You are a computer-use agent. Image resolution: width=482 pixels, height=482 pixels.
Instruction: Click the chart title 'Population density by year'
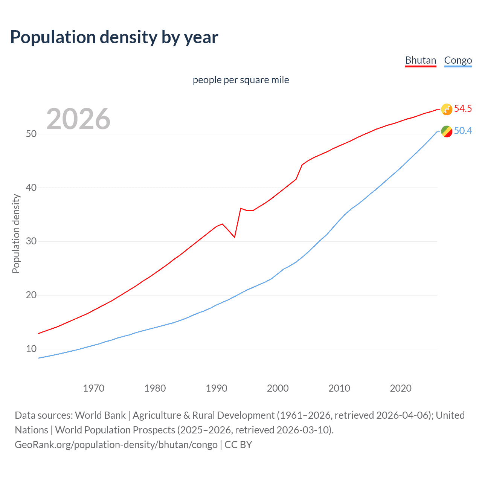tap(114, 37)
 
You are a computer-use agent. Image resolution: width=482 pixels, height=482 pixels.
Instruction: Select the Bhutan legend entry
tap(420, 60)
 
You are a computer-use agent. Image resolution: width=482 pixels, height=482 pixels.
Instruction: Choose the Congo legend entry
tap(458, 60)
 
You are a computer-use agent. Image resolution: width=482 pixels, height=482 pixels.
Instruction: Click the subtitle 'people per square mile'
tap(241, 80)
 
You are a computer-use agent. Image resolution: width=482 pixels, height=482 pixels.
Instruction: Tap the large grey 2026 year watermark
tap(78, 119)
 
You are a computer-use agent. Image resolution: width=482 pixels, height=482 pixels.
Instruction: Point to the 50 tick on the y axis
tap(31, 134)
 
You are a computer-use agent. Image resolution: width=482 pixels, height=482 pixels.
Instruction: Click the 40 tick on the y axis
tap(31, 188)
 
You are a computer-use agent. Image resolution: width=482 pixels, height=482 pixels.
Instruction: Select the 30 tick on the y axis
tap(31, 241)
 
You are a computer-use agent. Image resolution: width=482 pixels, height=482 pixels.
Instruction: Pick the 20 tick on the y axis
tap(31, 295)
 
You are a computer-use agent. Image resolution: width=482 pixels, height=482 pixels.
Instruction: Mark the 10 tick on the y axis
tap(31, 349)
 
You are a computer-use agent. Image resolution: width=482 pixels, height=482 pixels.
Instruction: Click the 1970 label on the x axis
tap(93, 388)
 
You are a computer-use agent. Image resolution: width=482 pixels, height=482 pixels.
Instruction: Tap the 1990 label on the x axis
tap(217, 388)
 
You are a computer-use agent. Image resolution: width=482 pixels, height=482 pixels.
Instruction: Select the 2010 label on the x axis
tap(339, 388)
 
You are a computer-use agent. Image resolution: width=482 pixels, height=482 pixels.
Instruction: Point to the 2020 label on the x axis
tap(401, 388)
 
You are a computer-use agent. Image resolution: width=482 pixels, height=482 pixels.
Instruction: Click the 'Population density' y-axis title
tap(16, 233)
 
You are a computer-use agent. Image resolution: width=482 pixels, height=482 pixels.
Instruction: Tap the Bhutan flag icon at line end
tap(447, 109)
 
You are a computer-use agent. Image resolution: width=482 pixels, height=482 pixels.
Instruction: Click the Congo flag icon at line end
tap(447, 131)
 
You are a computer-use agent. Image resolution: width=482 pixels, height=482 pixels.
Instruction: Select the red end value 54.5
tap(463, 109)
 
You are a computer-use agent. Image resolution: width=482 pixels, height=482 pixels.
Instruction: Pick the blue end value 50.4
tap(463, 131)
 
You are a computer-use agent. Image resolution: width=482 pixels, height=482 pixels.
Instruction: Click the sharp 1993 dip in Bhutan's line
tap(235, 237)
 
